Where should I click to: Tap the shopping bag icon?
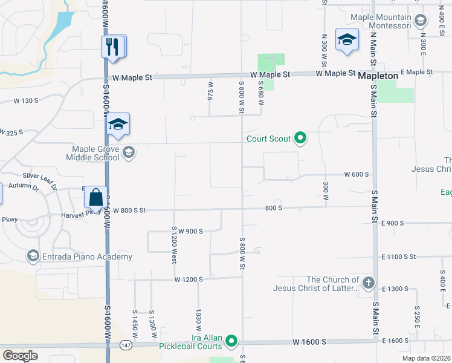point(96,197)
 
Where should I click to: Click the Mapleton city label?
point(378,76)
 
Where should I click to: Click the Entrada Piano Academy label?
point(87,257)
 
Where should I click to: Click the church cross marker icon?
point(368,283)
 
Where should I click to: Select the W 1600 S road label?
point(310,342)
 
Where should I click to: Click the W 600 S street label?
point(357,174)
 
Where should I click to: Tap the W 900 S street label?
point(189,231)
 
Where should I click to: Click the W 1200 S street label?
point(189,280)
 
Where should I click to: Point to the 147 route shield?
point(125,345)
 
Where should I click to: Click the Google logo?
point(20,356)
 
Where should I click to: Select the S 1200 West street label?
point(174,244)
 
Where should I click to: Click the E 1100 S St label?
point(398,257)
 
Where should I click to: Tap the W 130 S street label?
point(25,100)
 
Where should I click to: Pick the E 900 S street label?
point(392,223)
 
